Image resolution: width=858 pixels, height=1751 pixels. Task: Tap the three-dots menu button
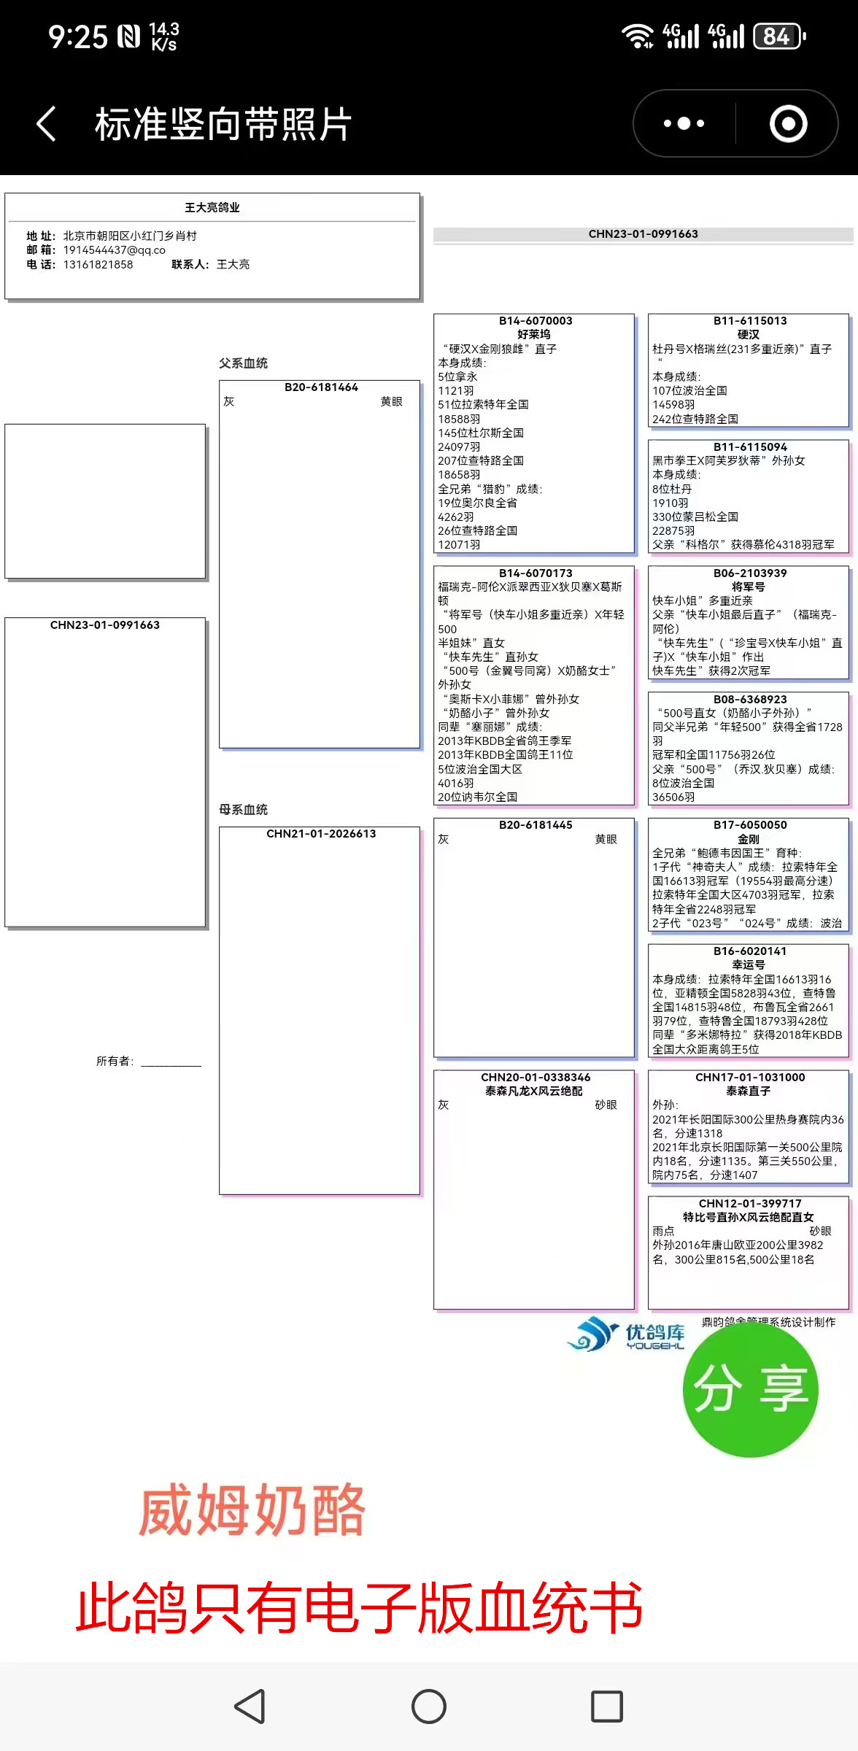point(684,123)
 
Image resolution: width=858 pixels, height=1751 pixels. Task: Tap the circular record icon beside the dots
point(788,123)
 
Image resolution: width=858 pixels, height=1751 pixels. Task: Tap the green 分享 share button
point(750,1389)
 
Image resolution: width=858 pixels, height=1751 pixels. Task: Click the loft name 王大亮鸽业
point(212,208)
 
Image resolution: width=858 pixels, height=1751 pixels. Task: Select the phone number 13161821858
point(98,265)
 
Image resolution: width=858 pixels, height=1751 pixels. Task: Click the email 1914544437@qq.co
point(114,250)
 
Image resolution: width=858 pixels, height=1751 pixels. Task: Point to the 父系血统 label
point(243,363)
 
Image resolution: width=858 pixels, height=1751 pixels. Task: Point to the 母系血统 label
point(243,810)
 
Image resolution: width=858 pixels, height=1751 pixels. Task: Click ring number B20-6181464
point(321,387)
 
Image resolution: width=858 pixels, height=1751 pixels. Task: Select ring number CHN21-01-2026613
point(321,834)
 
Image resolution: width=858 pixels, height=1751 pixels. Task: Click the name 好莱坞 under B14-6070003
point(534,335)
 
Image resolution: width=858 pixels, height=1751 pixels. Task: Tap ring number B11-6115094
point(750,447)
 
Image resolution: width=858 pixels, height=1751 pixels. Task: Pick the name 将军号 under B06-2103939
point(749,587)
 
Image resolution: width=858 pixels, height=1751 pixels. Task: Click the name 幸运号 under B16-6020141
point(749,965)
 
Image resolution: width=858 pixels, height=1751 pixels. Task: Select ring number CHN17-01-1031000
point(750,1078)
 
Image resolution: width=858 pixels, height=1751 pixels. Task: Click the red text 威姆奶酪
point(252,1510)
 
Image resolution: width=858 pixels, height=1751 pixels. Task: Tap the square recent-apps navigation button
point(606,1706)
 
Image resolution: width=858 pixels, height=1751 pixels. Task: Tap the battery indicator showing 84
point(778,36)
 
